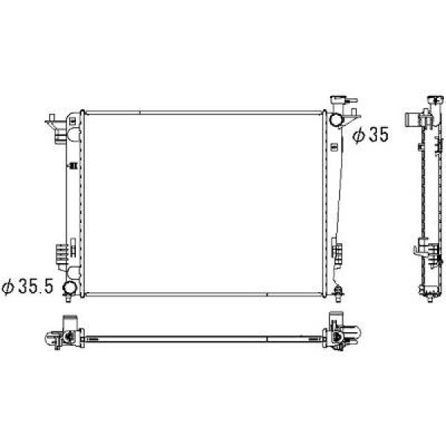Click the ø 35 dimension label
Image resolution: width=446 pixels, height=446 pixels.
369,135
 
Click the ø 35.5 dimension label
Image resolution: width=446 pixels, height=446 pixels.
27,285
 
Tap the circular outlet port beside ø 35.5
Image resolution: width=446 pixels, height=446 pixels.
69,288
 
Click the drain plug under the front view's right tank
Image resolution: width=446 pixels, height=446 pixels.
338,295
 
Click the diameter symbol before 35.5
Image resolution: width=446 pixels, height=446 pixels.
10,286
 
